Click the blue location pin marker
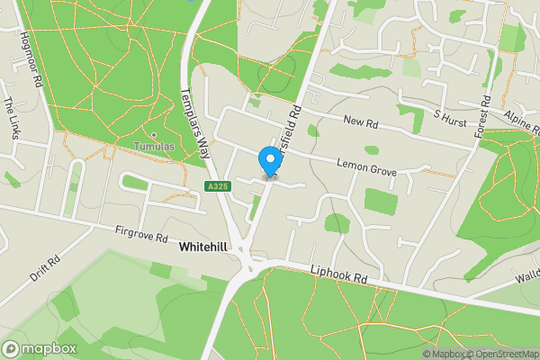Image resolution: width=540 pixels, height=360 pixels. tap(268, 161)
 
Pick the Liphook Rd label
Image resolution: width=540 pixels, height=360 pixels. tap(340, 274)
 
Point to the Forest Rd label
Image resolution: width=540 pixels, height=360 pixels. tap(483, 114)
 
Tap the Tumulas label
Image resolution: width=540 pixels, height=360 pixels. tap(154, 146)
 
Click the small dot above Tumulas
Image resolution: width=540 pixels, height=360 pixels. tap(154, 135)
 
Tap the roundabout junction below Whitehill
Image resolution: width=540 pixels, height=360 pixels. tap(246, 263)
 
